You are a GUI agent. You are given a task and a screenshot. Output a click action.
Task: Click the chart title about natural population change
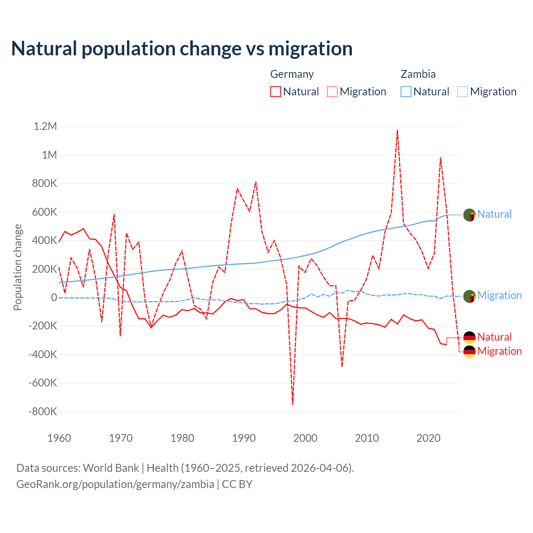coord(182,49)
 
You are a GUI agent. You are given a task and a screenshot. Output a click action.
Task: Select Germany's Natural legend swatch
coord(275,92)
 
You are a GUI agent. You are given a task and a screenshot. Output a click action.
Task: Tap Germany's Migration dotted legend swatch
coord(332,92)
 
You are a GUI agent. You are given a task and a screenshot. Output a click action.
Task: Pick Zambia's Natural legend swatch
coord(406,92)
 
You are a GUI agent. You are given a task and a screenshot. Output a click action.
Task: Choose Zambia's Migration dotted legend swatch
coord(463,92)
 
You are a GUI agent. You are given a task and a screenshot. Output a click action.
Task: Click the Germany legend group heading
coord(292,74)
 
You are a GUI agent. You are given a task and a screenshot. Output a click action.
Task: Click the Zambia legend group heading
coord(418,74)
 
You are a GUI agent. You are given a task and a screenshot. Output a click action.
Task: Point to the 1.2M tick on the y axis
coord(45,126)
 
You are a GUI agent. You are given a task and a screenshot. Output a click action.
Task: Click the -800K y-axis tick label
coord(42,411)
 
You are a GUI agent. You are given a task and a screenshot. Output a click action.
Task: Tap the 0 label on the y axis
coord(54,297)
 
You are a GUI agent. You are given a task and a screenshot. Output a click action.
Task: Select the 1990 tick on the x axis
coord(244,438)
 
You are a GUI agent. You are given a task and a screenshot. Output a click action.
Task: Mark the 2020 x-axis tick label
coord(428,438)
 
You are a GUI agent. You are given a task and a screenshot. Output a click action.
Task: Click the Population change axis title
coord(17,267)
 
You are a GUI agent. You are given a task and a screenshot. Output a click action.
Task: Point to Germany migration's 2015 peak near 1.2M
coord(398,130)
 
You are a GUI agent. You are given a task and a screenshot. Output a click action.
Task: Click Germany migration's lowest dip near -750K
coord(293,403)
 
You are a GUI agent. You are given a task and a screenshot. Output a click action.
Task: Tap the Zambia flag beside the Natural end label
coord(469,215)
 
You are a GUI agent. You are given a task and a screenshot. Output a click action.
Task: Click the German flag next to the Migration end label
coord(469,351)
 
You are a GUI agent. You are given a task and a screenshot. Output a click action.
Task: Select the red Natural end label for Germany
coord(494,337)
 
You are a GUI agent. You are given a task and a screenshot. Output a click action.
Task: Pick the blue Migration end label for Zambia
coord(499,295)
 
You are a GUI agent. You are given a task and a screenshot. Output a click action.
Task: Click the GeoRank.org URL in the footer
coord(115,484)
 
